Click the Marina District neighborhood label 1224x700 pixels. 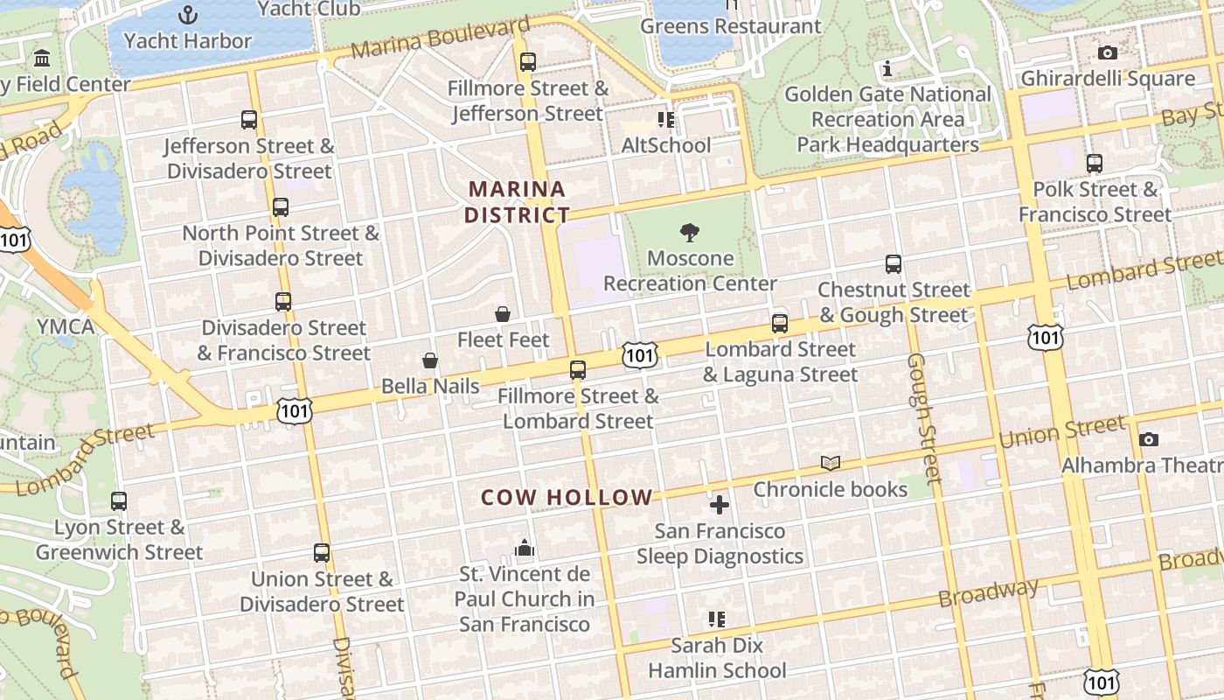click(x=517, y=202)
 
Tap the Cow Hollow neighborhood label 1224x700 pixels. click(x=567, y=498)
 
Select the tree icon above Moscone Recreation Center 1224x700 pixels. click(x=690, y=232)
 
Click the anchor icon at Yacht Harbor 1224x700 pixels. click(x=188, y=15)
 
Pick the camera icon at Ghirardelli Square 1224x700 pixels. click(x=1107, y=52)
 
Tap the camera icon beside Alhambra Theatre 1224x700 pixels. click(x=1149, y=439)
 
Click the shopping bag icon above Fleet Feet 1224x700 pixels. click(x=503, y=314)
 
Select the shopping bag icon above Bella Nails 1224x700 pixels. click(x=430, y=360)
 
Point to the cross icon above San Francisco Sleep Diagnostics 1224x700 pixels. click(x=720, y=505)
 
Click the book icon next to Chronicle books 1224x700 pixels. click(x=830, y=463)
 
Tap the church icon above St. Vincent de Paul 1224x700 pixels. click(x=525, y=548)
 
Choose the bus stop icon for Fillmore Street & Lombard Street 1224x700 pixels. click(x=578, y=370)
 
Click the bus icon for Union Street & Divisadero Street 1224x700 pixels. click(x=322, y=553)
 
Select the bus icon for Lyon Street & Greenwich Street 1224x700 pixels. click(x=119, y=501)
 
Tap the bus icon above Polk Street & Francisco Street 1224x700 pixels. click(x=1094, y=163)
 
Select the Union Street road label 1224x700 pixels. click(x=1062, y=431)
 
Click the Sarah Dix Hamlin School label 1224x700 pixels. click(x=717, y=658)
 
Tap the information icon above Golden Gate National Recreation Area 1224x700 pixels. click(x=887, y=68)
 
